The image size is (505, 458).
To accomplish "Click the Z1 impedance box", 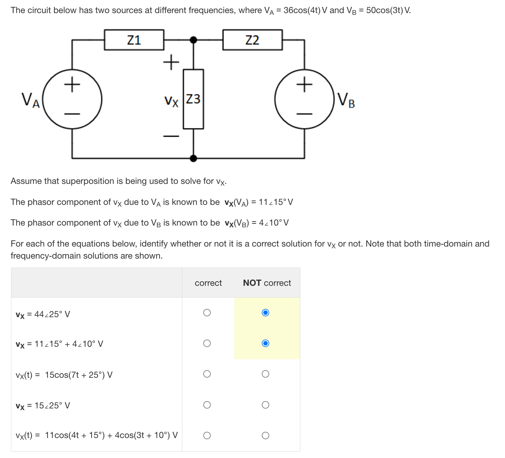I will pyautogui.click(x=134, y=40).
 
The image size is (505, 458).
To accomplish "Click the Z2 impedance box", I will pyautogui.click(x=252, y=40).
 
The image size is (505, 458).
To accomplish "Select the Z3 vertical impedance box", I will pyautogui.click(x=193, y=99).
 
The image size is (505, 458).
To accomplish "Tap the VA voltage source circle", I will pyautogui.click(x=72, y=99).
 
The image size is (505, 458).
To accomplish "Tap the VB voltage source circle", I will pyautogui.click(x=304, y=99).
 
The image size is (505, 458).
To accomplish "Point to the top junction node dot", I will pyautogui.click(x=194, y=40).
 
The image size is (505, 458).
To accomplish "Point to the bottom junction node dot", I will pyautogui.click(x=194, y=158).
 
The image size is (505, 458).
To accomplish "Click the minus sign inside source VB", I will pyautogui.click(x=304, y=114).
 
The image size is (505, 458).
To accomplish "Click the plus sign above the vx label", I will pyautogui.click(x=171, y=62).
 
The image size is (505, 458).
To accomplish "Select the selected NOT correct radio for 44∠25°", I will pyautogui.click(x=265, y=313).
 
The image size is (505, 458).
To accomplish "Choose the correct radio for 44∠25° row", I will pyautogui.click(x=207, y=313).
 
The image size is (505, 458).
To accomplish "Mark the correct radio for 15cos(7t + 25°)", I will pyautogui.click(x=207, y=374).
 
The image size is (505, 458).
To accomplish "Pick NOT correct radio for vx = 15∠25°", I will pyautogui.click(x=265, y=405).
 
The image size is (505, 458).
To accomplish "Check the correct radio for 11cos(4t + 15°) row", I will pyautogui.click(x=207, y=436).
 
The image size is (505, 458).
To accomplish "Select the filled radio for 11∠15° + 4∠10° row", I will pyautogui.click(x=265, y=343).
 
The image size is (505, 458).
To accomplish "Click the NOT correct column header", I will pyautogui.click(x=267, y=283).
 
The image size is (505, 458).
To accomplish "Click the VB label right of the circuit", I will pyautogui.click(x=346, y=100).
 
